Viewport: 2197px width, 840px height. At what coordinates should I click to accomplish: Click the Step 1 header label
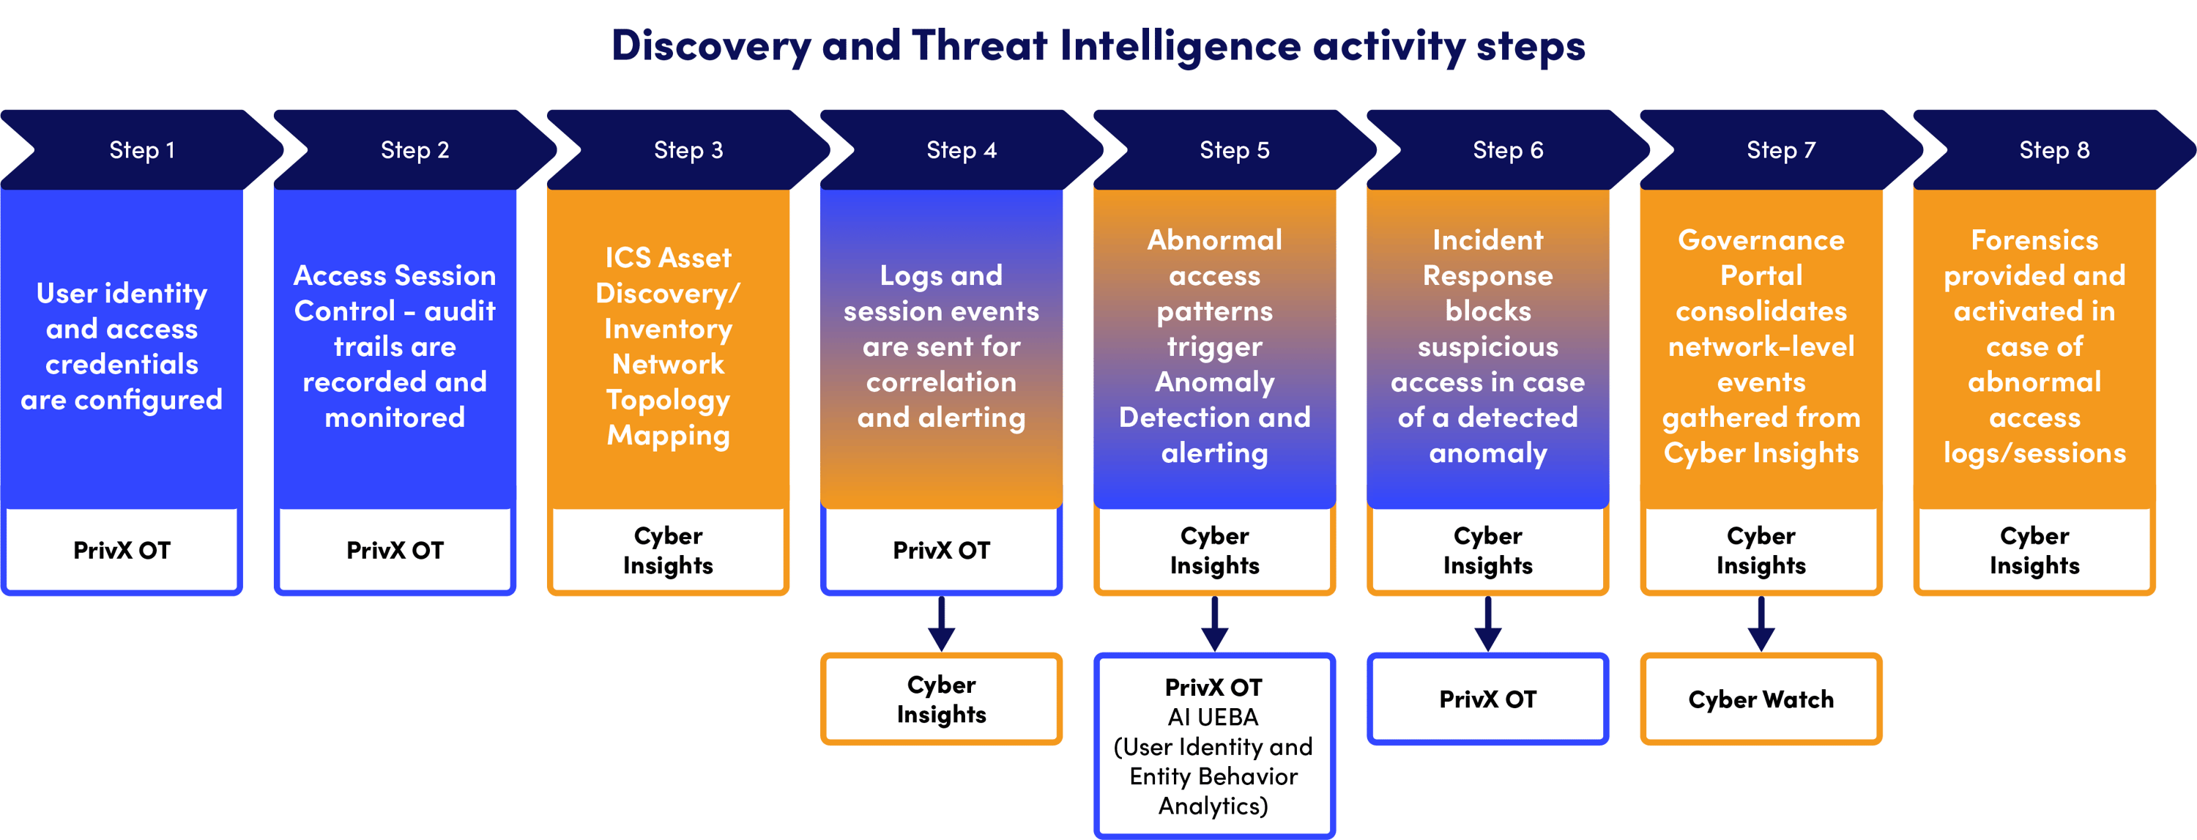pyautogui.click(x=141, y=150)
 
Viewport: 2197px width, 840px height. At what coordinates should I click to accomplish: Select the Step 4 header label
pyautogui.click(x=961, y=150)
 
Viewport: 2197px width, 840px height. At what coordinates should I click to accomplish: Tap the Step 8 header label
pyautogui.click(x=2053, y=150)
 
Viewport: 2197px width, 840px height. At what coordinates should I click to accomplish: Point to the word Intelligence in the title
pyautogui.click(x=1180, y=46)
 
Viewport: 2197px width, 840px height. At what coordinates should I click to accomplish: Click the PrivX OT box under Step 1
pyautogui.click(x=122, y=550)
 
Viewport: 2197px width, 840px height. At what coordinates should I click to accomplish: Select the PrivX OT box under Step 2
pyautogui.click(x=395, y=550)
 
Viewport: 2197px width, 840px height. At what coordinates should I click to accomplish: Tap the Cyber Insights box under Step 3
pyautogui.click(x=668, y=550)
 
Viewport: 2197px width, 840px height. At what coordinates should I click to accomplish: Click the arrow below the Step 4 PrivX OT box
pyautogui.click(x=942, y=624)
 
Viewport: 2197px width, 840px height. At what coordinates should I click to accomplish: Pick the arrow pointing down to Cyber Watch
pyautogui.click(x=1761, y=624)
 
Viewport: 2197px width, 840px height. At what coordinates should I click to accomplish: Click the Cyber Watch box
pyautogui.click(x=1761, y=699)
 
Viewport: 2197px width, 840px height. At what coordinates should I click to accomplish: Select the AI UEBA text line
pyautogui.click(x=1213, y=717)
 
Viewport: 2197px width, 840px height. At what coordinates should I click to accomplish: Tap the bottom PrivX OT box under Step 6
pyautogui.click(x=1487, y=699)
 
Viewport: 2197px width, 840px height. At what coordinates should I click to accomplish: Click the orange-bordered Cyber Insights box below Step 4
pyautogui.click(x=942, y=699)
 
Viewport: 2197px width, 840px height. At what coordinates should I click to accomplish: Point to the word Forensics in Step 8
pyautogui.click(x=2034, y=240)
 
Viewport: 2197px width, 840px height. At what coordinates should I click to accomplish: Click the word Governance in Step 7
pyautogui.click(x=1761, y=240)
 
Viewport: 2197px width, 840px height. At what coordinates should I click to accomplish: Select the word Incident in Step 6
pyautogui.click(x=1487, y=240)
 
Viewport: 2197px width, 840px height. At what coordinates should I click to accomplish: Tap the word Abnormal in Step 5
pyautogui.click(x=1214, y=240)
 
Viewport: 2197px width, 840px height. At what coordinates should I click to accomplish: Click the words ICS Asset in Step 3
pyautogui.click(x=668, y=258)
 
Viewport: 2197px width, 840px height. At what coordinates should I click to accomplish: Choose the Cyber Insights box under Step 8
pyautogui.click(x=2034, y=550)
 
